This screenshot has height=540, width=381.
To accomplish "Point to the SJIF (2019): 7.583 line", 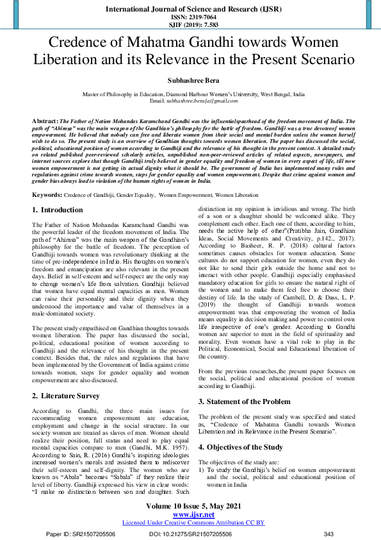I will tap(190, 25).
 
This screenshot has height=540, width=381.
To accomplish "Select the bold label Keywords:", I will tap(47, 176).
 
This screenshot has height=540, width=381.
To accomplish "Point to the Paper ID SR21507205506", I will tap(82, 534).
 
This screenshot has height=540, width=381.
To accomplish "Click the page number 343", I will tap(329, 534).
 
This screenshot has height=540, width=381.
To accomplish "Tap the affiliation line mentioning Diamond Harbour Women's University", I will tap(190, 94).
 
